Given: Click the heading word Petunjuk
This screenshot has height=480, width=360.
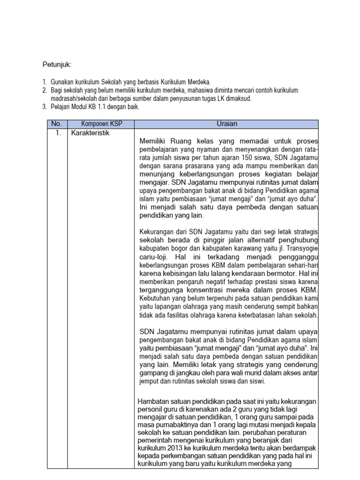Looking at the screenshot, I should pyautogui.click(x=58, y=64).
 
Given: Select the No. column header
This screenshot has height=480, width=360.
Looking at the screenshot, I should pyautogui.click(x=57, y=124).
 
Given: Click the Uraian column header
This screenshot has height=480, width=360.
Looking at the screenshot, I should pyautogui.click(x=227, y=124).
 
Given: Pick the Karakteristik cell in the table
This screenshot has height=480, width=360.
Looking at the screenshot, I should pyautogui.click(x=90, y=133).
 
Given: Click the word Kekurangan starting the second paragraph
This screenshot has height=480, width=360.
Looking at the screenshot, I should pyautogui.click(x=157, y=232).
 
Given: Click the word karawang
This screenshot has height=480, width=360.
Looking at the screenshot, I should pyautogui.click(x=231, y=249).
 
